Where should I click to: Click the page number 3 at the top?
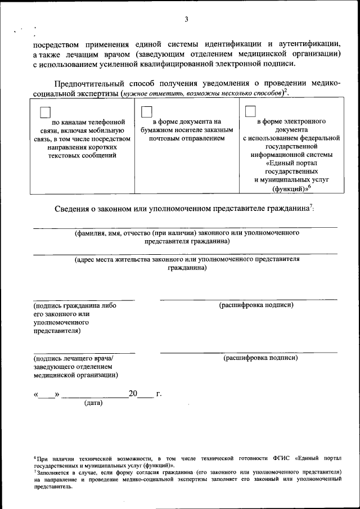[186, 20]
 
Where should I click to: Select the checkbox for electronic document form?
[250, 111]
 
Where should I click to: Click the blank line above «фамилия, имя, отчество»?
[185, 227]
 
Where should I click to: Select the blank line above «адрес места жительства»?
[185, 254]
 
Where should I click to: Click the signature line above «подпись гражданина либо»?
[84, 300]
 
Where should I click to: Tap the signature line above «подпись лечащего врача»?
[84, 353]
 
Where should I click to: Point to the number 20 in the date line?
[133, 394]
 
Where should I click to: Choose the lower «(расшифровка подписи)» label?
[260, 358]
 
